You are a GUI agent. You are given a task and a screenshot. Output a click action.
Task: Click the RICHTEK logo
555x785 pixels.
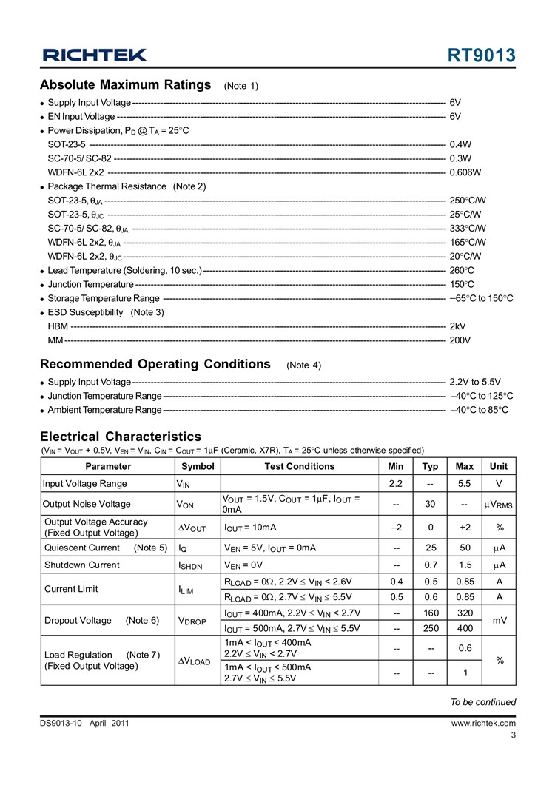pos(95,55)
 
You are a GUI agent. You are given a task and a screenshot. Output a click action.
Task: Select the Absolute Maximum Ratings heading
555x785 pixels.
pos(125,84)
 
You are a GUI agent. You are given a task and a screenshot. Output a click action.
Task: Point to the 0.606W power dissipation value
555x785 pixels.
pos(465,172)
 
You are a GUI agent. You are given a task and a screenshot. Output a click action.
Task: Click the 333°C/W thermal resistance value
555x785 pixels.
pos(468,229)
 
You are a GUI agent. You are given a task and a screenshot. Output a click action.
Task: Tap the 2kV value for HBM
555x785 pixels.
pos(457,326)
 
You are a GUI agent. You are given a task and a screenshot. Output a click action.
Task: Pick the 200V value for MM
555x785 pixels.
pos(460,340)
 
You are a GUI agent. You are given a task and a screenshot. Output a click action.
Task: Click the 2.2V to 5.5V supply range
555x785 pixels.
pos(475,382)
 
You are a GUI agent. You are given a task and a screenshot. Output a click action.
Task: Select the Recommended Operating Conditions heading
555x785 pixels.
pos(155,364)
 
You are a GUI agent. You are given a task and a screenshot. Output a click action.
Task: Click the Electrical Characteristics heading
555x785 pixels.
pos(121,437)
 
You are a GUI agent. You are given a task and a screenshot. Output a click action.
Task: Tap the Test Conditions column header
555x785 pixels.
pos(299,466)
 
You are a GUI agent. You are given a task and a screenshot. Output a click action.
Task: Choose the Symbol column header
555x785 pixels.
pos(198,466)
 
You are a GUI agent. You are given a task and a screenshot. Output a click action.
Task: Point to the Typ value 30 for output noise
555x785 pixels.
pos(429,505)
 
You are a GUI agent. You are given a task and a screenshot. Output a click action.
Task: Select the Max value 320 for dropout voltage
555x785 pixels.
pos(464,613)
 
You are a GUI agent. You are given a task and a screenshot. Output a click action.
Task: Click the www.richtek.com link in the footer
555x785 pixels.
pos(483,724)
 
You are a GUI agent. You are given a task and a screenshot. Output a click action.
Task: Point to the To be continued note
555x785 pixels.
pos(483,702)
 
